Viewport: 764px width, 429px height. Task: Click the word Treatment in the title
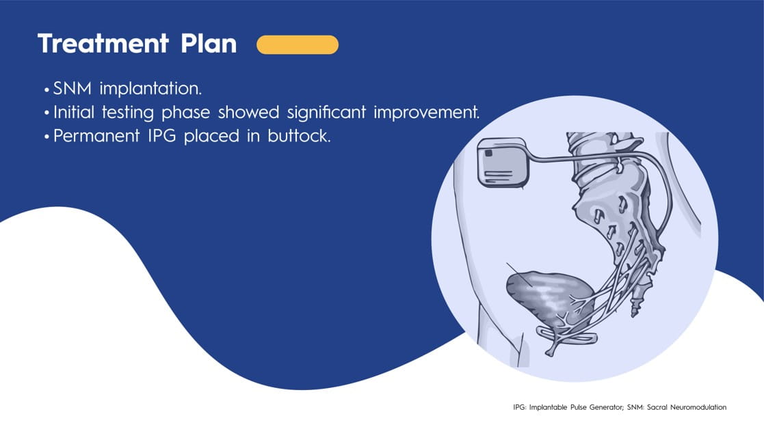(x=103, y=43)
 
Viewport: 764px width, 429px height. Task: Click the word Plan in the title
(x=209, y=43)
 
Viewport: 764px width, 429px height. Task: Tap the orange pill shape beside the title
(x=298, y=45)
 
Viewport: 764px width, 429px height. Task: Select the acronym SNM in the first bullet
(x=72, y=89)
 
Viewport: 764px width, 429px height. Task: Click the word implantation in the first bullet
(x=150, y=89)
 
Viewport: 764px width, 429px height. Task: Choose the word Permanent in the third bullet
(x=96, y=136)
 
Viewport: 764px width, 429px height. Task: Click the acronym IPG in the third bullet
(x=162, y=136)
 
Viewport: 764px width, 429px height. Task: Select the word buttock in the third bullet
(x=299, y=136)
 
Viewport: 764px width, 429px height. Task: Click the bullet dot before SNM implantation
(x=47, y=90)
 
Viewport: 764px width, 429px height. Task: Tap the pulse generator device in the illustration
(x=503, y=163)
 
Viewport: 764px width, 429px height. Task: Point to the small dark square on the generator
(x=489, y=153)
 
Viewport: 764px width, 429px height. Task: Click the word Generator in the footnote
(x=605, y=407)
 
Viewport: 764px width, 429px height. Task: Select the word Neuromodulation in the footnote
(x=698, y=407)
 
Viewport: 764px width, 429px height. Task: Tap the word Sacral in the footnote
(x=657, y=407)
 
